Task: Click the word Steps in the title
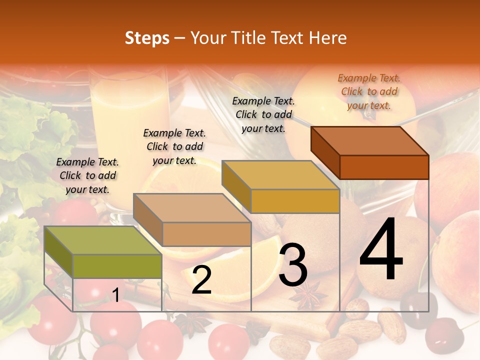[x=147, y=38]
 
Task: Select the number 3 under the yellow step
[x=293, y=265]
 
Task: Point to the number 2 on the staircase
[x=201, y=280]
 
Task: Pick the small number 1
[x=115, y=295]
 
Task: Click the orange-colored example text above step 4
[x=369, y=91]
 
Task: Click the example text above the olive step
[x=88, y=175]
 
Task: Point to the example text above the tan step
[x=174, y=146]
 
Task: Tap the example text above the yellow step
[x=263, y=114]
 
